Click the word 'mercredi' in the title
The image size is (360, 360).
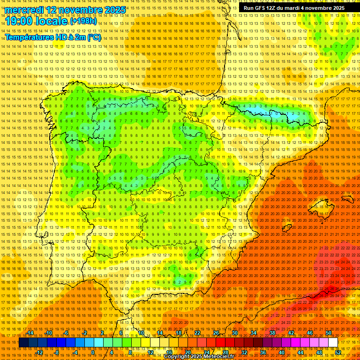click(x=24, y=10)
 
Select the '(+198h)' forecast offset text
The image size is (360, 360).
click(x=83, y=21)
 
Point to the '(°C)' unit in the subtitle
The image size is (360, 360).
click(x=93, y=37)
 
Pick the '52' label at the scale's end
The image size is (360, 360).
click(x=338, y=352)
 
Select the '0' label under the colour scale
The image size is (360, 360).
click(x=93, y=352)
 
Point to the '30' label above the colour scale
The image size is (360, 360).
click(x=234, y=333)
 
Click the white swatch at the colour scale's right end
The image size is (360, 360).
click(x=333, y=343)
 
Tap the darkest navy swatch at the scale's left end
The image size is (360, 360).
click(x=23, y=343)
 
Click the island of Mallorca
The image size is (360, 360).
click(x=319, y=206)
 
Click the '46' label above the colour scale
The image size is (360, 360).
click(x=310, y=333)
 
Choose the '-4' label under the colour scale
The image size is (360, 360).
click(x=75, y=352)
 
